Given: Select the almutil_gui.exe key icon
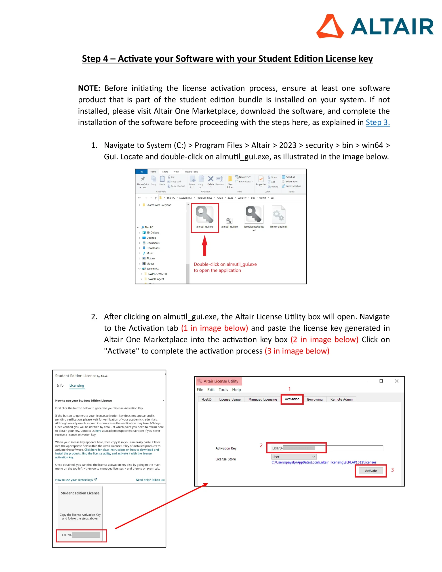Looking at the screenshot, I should coord(205,214).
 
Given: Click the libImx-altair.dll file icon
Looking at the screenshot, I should coord(278,214).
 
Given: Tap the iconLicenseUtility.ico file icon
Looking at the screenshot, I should coord(254,214).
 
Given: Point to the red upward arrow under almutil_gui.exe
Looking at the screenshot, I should coord(205,245).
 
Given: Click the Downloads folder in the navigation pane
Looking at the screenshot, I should coord(153,248).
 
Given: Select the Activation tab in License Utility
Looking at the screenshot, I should coord(292,399).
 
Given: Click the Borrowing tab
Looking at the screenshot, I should coord(315,400).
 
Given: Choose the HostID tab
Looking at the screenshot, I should coord(206,400).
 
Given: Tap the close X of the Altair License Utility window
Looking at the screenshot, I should coord(396,381).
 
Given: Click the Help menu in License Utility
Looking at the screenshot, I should coord(236,390).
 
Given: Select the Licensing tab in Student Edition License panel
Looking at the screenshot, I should coord(77,385).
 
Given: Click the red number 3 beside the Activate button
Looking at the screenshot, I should coord(392,470).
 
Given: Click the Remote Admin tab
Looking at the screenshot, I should coord(341,400).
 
